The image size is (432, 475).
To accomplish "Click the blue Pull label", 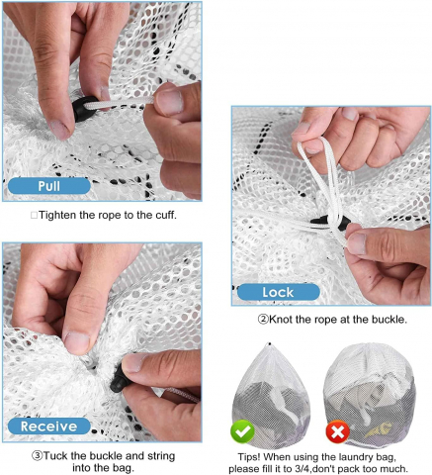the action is [x=49, y=186].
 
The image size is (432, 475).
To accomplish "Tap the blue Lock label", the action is [x=279, y=292].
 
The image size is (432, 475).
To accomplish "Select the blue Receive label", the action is [x=49, y=427].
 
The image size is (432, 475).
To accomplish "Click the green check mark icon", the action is [x=243, y=431].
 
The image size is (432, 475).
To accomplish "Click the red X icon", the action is [x=338, y=431].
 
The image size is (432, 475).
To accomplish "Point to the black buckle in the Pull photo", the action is [x=84, y=109].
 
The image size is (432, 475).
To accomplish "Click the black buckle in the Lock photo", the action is [x=330, y=222].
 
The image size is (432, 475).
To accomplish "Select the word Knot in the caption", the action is [x=281, y=320].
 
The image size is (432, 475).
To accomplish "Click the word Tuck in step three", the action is [x=55, y=456].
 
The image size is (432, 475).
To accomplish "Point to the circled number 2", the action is [x=263, y=320].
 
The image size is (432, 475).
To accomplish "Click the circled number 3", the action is [x=38, y=456].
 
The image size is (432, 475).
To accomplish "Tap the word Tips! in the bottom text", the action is [x=249, y=457].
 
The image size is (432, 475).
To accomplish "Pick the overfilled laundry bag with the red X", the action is [x=369, y=395].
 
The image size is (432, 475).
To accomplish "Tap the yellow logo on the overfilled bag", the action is [x=379, y=430].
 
